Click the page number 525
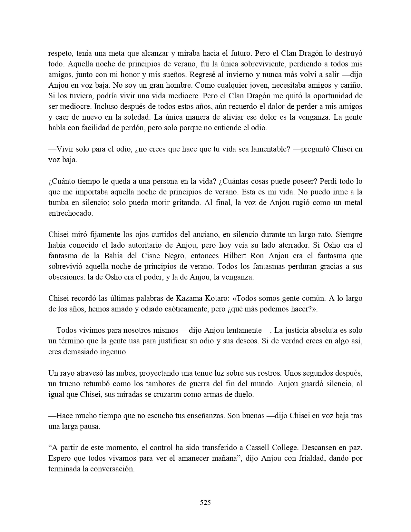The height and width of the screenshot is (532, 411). [x=205, y=502]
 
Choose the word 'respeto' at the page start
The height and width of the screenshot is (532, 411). [x=60, y=54]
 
